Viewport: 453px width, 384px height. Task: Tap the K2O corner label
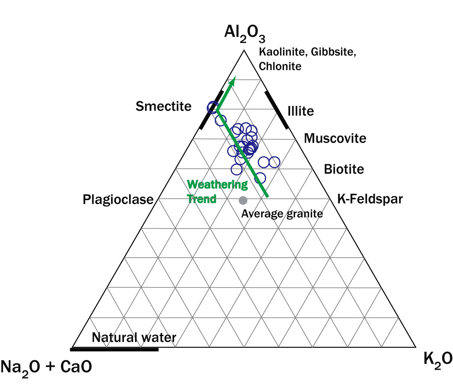coord(437,360)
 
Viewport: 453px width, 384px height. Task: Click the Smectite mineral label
coord(164,106)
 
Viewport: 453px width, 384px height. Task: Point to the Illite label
coord(301,111)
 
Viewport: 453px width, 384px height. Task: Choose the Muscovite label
coord(335,139)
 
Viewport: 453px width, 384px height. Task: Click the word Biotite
coord(344,169)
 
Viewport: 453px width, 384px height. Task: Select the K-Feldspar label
coord(370,199)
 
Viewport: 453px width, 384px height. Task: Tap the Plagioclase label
coord(118,200)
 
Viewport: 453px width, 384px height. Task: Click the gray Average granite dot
coord(243,200)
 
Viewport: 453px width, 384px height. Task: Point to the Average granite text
coord(282,214)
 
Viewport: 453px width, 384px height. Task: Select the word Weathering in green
coord(217,185)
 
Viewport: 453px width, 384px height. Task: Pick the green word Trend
coord(202,199)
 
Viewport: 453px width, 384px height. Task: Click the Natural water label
coord(134,338)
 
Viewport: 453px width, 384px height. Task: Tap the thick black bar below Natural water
coord(114,350)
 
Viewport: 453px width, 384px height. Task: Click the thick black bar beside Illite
coord(277,110)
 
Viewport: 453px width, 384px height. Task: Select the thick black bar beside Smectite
coord(211,110)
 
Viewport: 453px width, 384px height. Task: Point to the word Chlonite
coord(280,67)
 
